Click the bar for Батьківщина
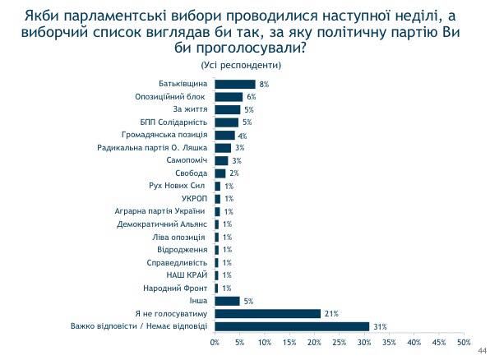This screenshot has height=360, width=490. tap(234, 84)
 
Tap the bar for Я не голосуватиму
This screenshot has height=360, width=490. tap(267, 314)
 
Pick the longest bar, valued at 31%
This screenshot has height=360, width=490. tap(292, 326)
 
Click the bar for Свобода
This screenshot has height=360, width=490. tap(220, 173)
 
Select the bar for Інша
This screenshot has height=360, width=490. tap(227, 301)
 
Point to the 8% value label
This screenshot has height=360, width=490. tap(264, 84)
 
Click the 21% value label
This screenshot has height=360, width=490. tap(331, 314)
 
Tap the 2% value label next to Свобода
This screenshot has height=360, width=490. tap(234, 173)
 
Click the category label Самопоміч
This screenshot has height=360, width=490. tap(190, 160)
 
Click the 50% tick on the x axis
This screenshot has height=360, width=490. tap(464, 342)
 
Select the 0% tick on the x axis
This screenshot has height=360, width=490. tap(215, 342)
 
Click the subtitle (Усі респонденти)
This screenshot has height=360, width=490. tap(240, 64)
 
